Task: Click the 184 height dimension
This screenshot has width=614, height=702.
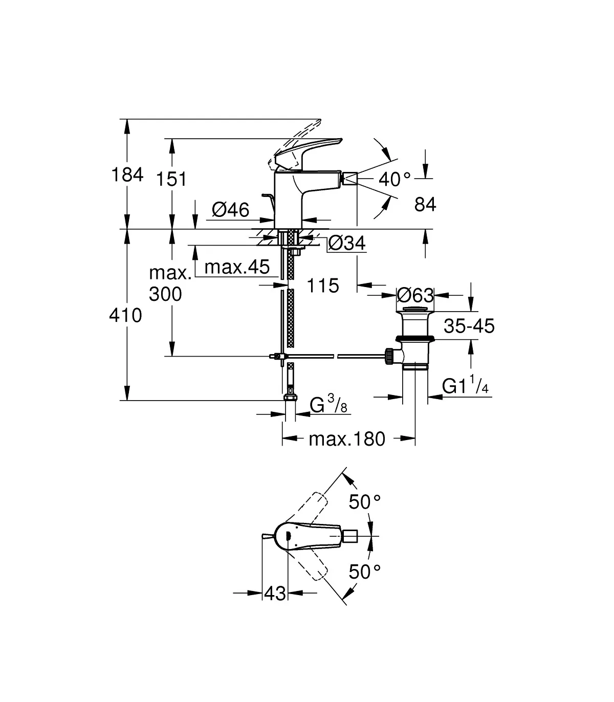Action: point(127,174)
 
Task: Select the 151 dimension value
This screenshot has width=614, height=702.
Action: point(171,179)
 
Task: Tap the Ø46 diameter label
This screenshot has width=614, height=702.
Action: point(231,210)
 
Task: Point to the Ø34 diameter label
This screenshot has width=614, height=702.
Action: point(347,243)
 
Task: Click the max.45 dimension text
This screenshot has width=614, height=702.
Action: point(237,267)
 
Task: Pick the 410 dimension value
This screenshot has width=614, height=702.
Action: point(125,315)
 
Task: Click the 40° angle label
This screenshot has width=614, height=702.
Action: point(394,180)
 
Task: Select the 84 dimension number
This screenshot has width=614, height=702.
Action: point(425,205)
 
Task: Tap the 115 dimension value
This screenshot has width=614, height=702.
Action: point(323,286)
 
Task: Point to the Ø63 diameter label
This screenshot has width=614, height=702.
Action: point(415,295)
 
